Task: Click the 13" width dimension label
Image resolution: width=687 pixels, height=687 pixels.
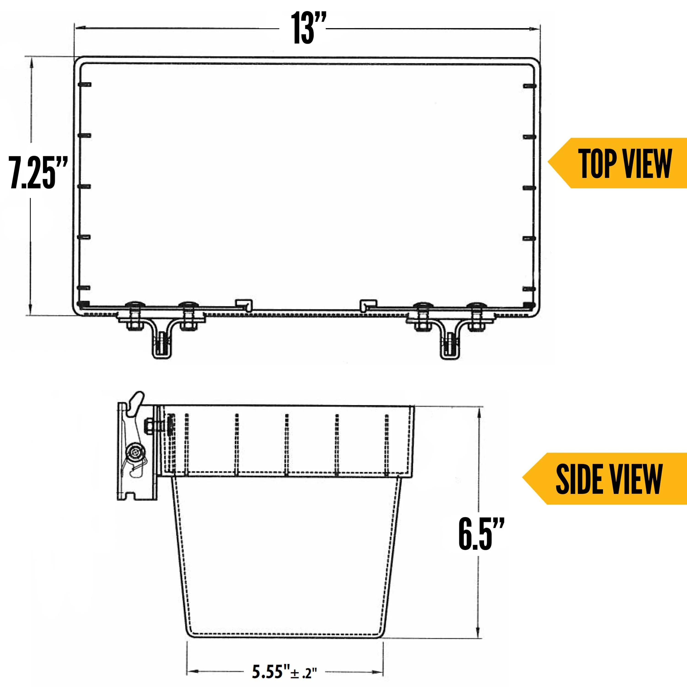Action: (308, 28)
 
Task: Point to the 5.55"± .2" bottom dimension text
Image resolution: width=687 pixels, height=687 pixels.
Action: (284, 671)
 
